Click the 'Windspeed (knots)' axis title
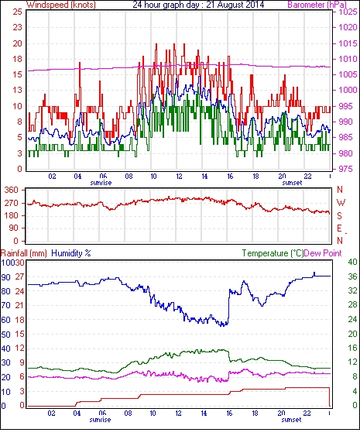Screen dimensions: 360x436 (61, 5)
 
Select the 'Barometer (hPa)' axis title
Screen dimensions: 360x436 (317, 5)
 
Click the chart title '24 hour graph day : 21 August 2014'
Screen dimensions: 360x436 (198, 5)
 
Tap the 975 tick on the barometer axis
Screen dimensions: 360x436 (345, 169)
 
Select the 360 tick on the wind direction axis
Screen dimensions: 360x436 (12, 190)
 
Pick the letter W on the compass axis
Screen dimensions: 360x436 (341, 203)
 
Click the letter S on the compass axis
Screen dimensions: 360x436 (339, 215)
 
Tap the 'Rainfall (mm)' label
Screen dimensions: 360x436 (24, 253)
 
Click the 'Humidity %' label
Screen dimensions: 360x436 (71, 253)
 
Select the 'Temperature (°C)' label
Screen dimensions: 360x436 (273, 253)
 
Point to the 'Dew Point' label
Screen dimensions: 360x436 (323, 253)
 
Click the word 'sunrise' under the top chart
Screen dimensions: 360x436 (101, 183)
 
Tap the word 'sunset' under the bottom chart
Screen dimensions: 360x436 (291, 419)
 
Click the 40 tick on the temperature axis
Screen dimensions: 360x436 (353, 262)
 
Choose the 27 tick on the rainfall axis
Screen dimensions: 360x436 (19, 276)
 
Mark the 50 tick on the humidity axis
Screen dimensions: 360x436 (6, 335)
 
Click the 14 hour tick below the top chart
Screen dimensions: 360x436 (204, 176)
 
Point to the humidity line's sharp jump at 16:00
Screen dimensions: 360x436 (228, 307)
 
